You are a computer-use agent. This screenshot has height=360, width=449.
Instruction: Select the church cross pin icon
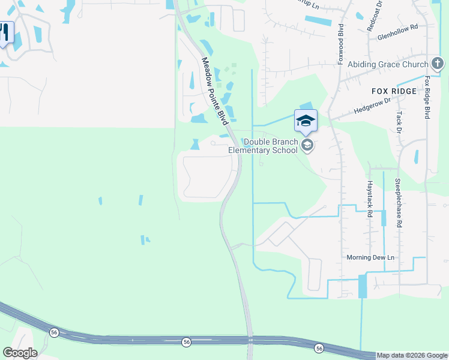tap(438, 63)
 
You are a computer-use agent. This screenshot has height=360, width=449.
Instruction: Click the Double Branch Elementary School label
tap(271, 146)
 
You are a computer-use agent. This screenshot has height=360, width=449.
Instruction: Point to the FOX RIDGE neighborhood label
tap(394, 91)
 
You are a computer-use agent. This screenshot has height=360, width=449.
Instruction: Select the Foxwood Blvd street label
tap(340, 43)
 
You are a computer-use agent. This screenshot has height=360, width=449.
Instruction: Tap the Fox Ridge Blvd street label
tap(427, 97)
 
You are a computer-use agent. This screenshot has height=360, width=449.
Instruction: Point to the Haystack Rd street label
tap(370, 199)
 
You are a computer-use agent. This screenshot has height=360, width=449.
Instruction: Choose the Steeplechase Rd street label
tap(397, 202)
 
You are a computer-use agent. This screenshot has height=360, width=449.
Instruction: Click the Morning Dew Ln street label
tap(370, 257)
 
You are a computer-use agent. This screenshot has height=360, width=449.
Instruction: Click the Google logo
tap(20, 353)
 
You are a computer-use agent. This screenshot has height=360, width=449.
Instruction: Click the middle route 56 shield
tap(186, 341)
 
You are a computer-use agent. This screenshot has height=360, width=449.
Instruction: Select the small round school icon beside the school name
tap(307, 145)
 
